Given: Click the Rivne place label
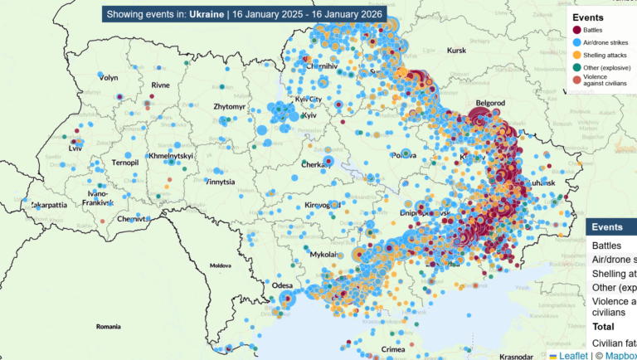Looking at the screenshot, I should (x=160, y=85).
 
